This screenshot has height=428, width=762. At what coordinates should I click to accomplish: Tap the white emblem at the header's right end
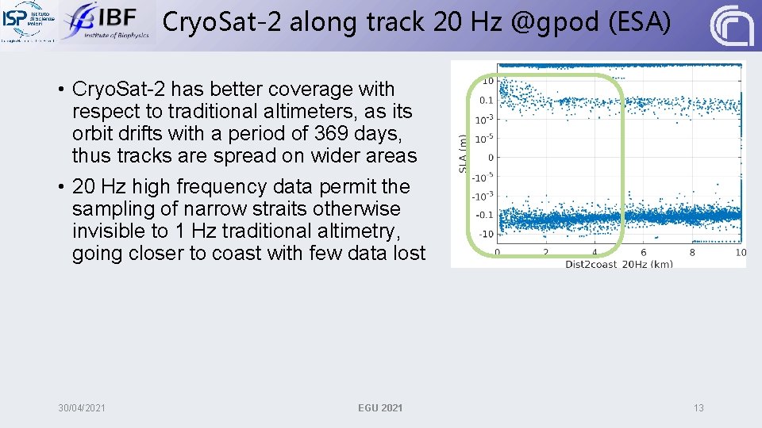click(x=731, y=26)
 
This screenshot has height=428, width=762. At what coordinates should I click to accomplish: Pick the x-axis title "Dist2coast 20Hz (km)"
click(x=618, y=263)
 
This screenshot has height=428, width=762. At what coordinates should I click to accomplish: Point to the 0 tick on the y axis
click(x=490, y=158)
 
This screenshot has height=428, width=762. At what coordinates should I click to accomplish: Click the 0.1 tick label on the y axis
click(x=486, y=101)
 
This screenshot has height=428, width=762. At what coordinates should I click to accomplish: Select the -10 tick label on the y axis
click(x=485, y=234)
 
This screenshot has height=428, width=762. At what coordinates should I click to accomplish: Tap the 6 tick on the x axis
click(x=644, y=253)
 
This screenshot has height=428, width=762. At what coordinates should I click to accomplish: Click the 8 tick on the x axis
click(x=692, y=253)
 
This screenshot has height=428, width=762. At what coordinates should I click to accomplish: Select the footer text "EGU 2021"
click(x=380, y=407)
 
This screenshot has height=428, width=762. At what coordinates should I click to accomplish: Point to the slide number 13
click(x=698, y=407)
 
